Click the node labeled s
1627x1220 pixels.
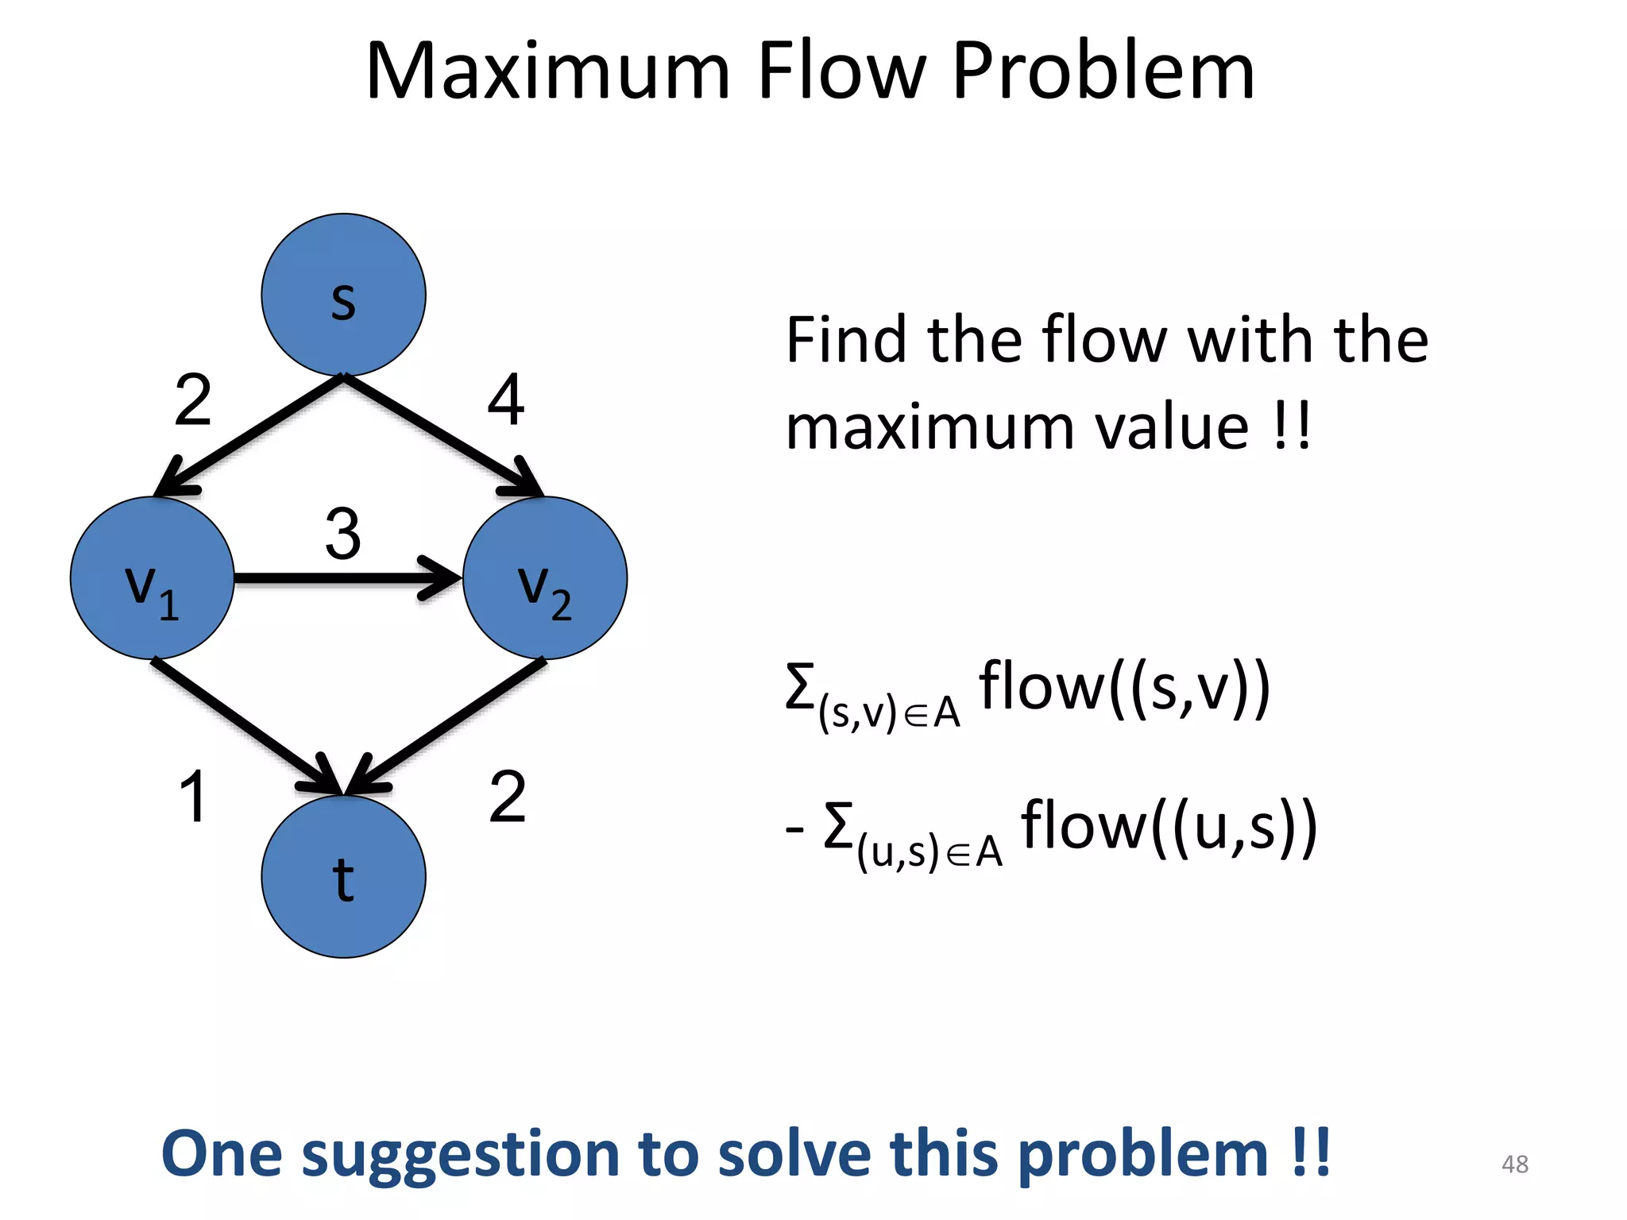(343, 295)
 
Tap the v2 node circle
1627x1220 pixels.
(545, 578)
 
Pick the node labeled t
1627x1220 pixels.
(343, 877)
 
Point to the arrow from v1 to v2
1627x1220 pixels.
(346, 578)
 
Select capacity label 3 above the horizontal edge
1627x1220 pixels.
(343, 534)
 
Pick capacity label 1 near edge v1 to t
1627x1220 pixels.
(193, 797)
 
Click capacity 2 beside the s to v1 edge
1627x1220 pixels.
(193, 400)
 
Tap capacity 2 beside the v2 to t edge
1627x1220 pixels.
(508, 797)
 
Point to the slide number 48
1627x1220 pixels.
(1514, 1164)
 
